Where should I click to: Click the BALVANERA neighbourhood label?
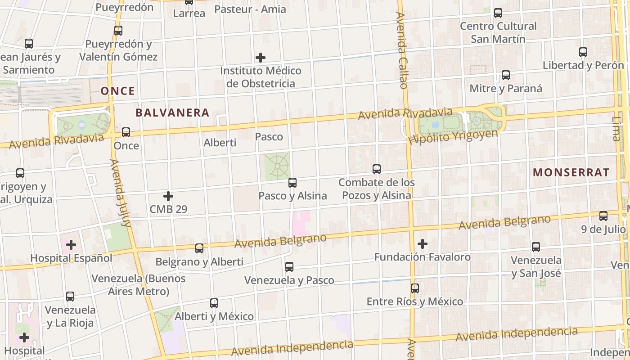[172, 112]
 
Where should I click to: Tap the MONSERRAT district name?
[571, 172]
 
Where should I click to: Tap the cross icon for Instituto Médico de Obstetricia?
[260, 58]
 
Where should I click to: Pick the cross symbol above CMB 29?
[168, 196]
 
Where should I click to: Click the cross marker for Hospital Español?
[71, 245]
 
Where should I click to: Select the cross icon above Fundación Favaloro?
[422, 244]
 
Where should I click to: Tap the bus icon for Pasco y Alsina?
[292, 183]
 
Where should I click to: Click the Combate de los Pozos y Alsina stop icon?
[377, 169]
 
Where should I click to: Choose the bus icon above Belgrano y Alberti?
[199, 248]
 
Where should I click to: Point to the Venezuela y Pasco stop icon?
[289, 267]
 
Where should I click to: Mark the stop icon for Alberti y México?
[214, 303]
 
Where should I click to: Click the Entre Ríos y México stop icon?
[415, 288]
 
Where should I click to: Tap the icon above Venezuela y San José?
[536, 247]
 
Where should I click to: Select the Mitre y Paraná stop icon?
[506, 75]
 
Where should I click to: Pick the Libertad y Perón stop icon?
[583, 52]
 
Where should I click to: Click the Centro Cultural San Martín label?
[498, 32]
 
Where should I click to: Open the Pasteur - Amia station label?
[250, 9]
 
